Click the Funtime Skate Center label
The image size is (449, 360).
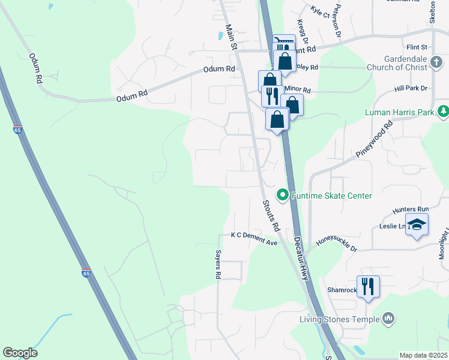click(331, 196)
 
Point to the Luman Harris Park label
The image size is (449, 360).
click(399, 112)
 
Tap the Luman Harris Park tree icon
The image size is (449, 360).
click(443, 111)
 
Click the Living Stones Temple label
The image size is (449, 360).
click(340, 319)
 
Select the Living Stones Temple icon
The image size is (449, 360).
click(388, 318)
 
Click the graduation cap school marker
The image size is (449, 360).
click(417, 225)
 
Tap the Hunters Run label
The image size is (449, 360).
click(411, 209)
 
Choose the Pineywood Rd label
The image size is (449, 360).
click(375, 139)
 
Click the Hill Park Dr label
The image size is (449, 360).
click(411, 88)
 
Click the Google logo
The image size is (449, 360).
click(20, 353)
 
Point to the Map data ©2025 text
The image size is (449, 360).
click(423, 355)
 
